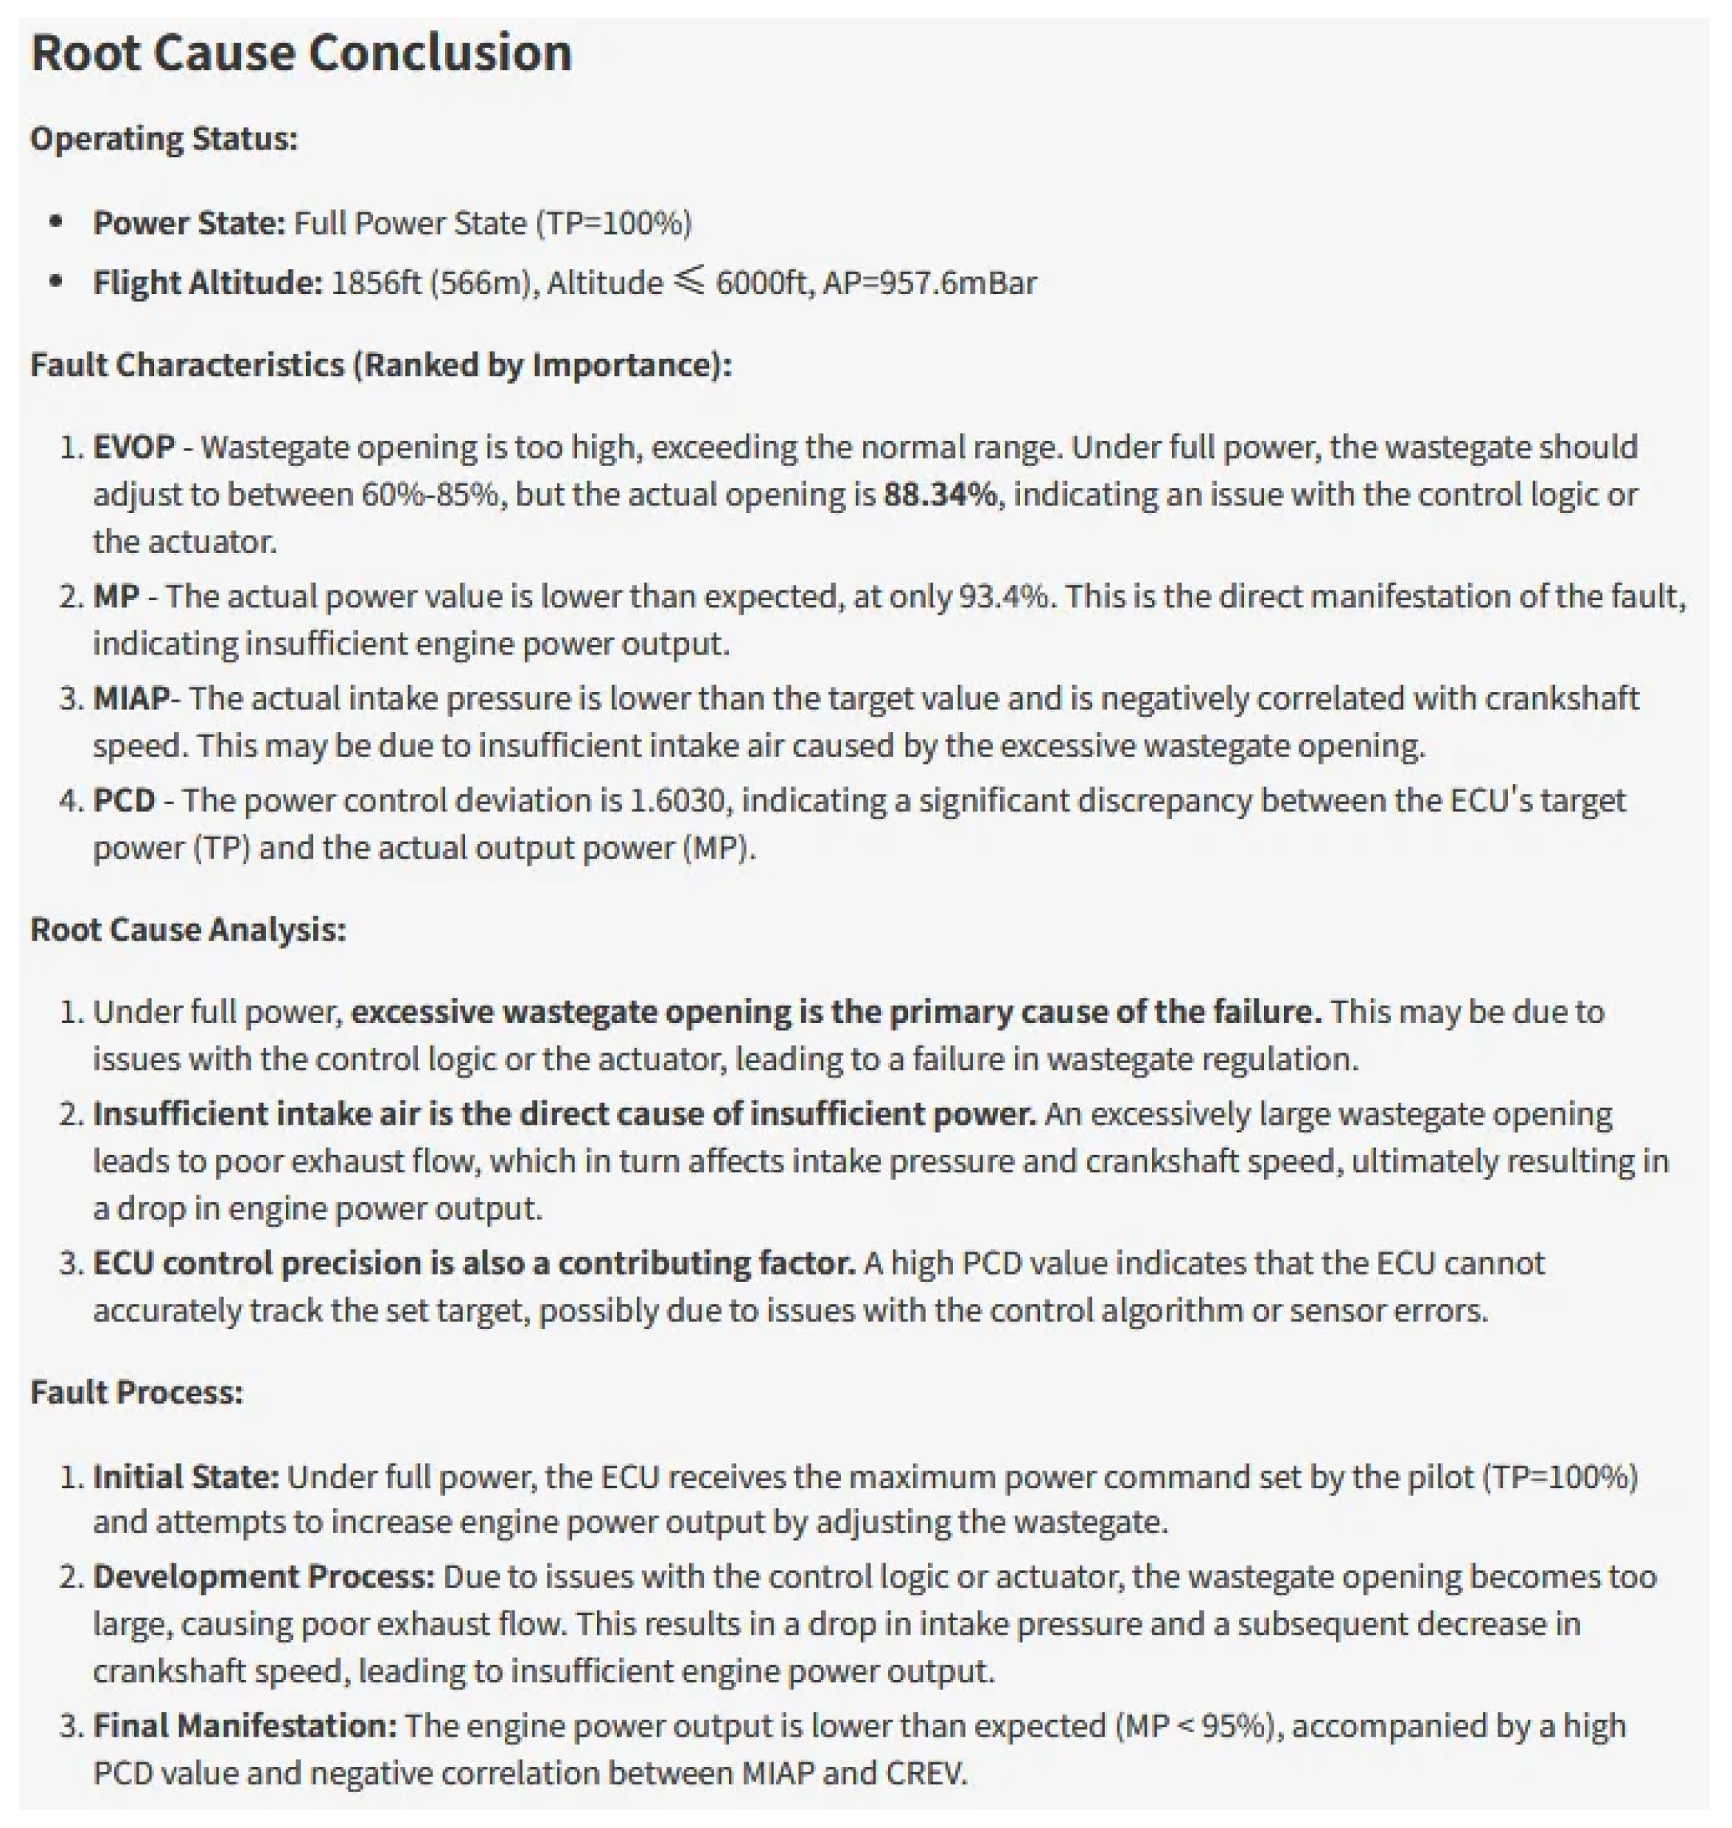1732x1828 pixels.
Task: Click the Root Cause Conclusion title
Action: (x=301, y=52)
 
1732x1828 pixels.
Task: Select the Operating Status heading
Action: (x=164, y=139)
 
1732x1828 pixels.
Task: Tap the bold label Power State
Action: (x=189, y=223)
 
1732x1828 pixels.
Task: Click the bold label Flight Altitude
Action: (x=208, y=282)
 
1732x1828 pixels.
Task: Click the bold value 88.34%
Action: (x=940, y=495)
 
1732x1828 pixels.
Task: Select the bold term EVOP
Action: (x=134, y=447)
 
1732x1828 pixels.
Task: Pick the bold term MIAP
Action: (x=130, y=699)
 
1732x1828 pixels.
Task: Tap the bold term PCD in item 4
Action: (x=124, y=800)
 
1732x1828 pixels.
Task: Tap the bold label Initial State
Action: (x=186, y=1477)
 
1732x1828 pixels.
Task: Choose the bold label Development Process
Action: (x=264, y=1577)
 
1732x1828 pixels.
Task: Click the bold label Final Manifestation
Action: (x=245, y=1726)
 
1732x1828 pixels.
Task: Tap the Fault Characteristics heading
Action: (x=380, y=366)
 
